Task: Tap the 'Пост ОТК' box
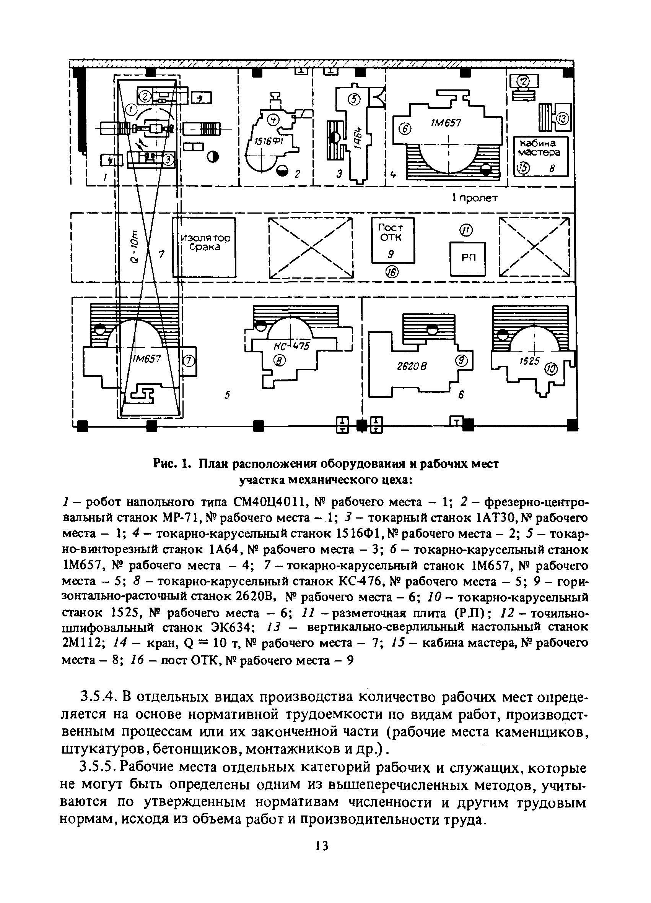click(x=392, y=240)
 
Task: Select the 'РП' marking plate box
click(x=468, y=258)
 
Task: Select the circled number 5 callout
click(x=353, y=100)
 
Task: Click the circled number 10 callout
click(x=552, y=369)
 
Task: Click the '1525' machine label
click(x=529, y=361)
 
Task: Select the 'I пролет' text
click(x=475, y=198)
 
